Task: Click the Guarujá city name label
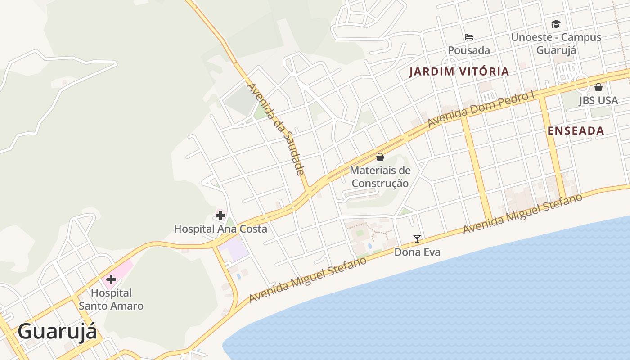tap(57, 332)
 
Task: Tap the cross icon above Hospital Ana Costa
tap(220, 216)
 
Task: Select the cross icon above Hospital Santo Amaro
tap(111, 279)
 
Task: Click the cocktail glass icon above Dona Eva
tap(417, 239)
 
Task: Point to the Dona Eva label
tap(417, 252)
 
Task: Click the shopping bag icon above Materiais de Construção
tap(380, 157)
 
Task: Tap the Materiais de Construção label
tap(380, 177)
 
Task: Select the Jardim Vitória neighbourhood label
tap(459, 72)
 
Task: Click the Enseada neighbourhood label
tap(576, 131)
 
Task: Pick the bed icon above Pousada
tap(469, 37)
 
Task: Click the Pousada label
tap(469, 50)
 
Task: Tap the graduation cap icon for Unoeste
tap(556, 24)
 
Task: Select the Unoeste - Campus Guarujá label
tap(556, 43)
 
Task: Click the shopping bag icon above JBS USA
tap(598, 87)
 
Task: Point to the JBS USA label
tap(598, 101)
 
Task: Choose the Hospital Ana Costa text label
tap(220, 229)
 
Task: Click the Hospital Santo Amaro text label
tap(111, 300)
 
